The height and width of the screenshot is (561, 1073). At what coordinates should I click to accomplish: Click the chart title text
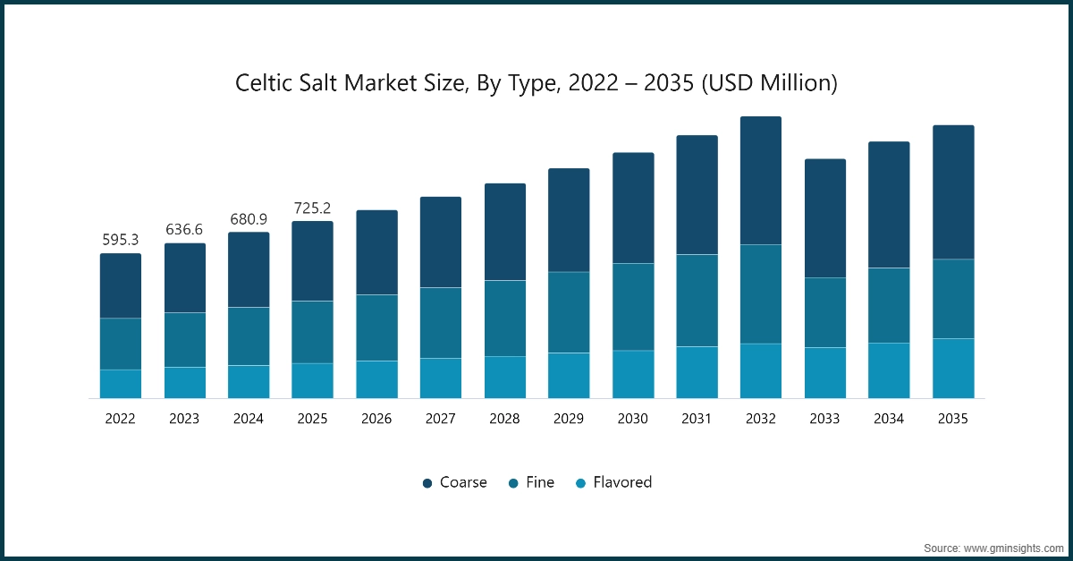[536, 83]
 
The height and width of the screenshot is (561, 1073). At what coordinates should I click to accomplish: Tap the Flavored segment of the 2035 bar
[953, 368]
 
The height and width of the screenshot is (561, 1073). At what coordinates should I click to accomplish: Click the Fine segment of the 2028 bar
[505, 319]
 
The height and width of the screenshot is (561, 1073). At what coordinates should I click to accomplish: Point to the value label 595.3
[120, 240]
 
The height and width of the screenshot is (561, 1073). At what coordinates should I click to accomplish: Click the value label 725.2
[312, 208]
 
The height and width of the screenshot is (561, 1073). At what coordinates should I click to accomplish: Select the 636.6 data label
[184, 230]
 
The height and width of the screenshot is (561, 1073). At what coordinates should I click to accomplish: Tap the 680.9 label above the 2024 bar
[249, 218]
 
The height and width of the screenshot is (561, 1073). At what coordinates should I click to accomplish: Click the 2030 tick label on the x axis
[632, 419]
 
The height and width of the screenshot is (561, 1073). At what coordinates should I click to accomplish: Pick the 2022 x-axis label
[120, 419]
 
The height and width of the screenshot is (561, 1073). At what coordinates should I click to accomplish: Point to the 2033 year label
[824, 419]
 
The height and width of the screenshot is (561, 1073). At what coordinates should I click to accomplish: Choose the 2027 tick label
[440, 419]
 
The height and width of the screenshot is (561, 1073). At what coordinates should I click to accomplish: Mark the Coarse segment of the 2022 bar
[120, 285]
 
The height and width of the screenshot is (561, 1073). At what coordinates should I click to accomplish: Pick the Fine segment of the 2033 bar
[824, 312]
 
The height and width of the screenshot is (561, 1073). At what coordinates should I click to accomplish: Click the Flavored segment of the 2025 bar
[312, 380]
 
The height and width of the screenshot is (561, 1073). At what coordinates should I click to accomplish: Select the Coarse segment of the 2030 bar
[632, 208]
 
